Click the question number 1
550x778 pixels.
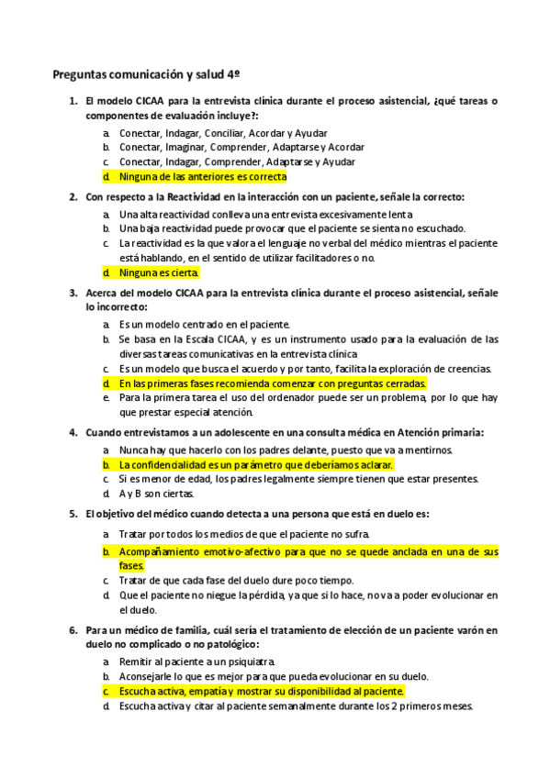point(73,102)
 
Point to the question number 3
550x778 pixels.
point(73,293)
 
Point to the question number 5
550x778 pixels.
point(73,514)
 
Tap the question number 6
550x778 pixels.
point(73,630)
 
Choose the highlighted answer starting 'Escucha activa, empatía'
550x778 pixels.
point(261,691)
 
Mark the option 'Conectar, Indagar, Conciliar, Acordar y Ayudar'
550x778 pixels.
point(223,132)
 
